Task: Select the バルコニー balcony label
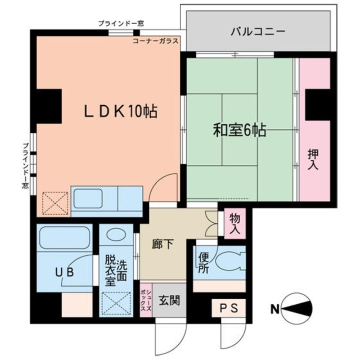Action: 258,31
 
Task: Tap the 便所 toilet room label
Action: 203,263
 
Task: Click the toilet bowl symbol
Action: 229,262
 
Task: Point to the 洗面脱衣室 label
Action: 117,270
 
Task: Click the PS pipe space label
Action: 228,308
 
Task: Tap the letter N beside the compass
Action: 275,308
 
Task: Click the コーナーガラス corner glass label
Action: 156,42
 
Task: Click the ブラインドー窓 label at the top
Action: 120,23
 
